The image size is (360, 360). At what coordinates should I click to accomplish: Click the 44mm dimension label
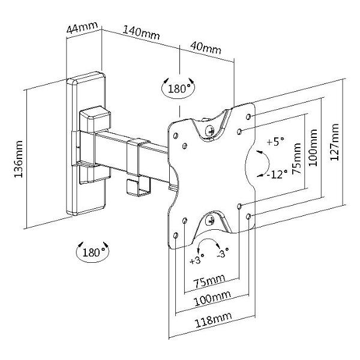[x=82, y=28]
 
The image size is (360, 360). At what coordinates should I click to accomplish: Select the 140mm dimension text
[x=141, y=32]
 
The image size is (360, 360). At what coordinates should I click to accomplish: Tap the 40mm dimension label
[x=206, y=48]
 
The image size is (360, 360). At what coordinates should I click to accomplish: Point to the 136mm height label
[x=19, y=159]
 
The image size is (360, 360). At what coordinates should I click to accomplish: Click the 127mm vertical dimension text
[x=335, y=142]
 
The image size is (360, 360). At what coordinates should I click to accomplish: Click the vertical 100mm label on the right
[x=313, y=148]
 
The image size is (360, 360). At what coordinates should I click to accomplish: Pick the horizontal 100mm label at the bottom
[x=212, y=298]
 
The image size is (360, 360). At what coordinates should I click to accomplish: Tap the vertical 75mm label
[x=296, y=159]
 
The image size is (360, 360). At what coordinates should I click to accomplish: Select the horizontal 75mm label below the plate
[x=209, y=281]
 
